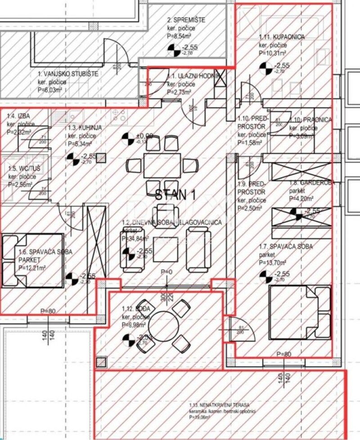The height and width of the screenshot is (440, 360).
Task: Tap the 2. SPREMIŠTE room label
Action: tap(186, 20)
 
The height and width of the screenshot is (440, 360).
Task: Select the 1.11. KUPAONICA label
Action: tap(282, 37)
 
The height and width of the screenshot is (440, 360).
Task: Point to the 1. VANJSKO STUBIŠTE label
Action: tap(67, 73)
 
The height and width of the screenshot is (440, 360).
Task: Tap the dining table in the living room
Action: tap(162, 166)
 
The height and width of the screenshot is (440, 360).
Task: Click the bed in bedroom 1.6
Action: tap(32, 260)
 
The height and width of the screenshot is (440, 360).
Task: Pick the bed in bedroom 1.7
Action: tap(299, 312)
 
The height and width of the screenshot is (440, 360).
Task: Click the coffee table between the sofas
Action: tap(165, 249)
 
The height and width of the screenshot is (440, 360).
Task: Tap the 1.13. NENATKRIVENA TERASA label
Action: tap(220, 405)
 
